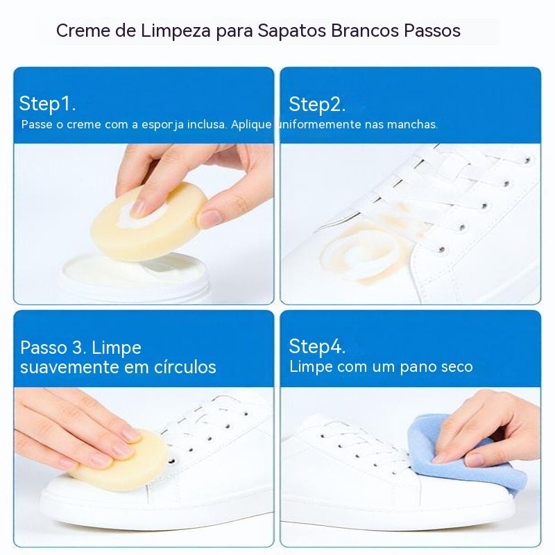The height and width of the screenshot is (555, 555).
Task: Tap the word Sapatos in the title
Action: click(x=291, y=31)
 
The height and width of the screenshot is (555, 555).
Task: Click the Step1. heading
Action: click(x=47, y=103)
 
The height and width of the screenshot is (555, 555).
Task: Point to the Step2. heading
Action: click(x=317, y=105)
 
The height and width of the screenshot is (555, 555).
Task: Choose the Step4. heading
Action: click(x=317, y=346)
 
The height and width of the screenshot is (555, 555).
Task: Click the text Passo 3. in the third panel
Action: click(x=53, y=348)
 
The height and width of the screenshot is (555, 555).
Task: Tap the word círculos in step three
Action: click(x=185, y=367)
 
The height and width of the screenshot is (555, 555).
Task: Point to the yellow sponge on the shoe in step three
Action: click(x=120, y=460)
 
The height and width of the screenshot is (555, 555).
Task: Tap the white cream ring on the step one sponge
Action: click(x=142, y=216)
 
